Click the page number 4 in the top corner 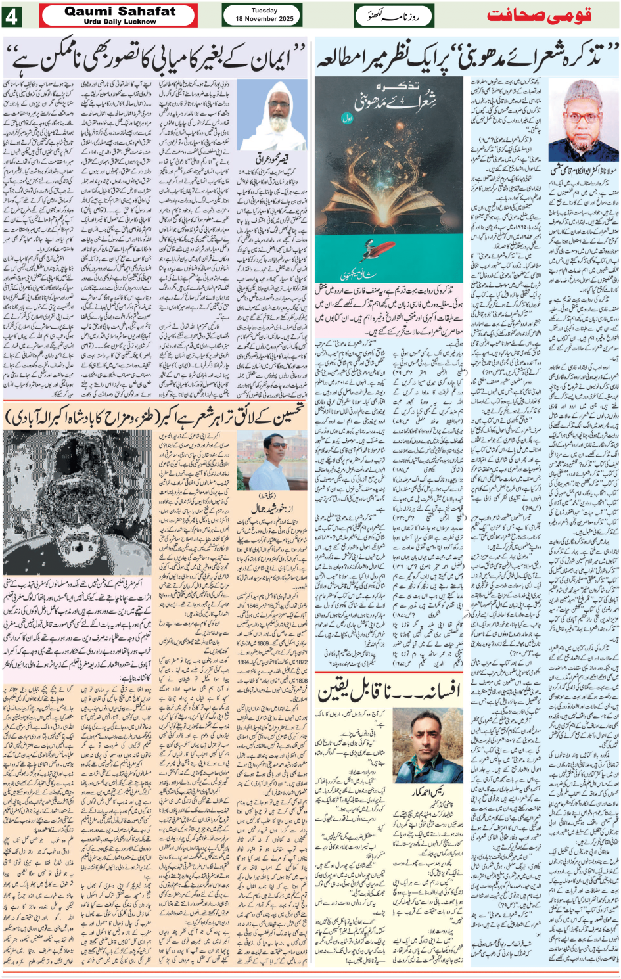[x=12, y=16]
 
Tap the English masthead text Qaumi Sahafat [x=120, y=11]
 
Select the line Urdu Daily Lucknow [x=120, y=22]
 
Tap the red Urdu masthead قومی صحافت [x=539, y=16]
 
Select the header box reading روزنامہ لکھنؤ [x=394, y=16]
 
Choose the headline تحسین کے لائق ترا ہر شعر [x=156, y=415]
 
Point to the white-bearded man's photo [x=272, y=116]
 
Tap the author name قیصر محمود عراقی [x=272, y=159]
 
